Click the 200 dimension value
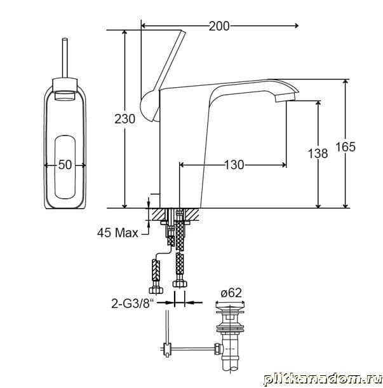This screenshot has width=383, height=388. (219, 26)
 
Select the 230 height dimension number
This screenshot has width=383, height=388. (124, 119)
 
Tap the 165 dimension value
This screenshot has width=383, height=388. (346, 147)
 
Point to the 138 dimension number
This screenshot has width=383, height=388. (318, 153)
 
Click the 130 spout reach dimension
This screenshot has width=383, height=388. (234, 165)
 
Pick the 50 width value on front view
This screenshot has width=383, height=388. (65, 165)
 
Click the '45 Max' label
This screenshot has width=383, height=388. (118, 233)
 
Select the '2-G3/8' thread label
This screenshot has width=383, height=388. (132, 303)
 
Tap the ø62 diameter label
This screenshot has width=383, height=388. (231, 293)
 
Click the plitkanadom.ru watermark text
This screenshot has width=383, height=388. (323, 379)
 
